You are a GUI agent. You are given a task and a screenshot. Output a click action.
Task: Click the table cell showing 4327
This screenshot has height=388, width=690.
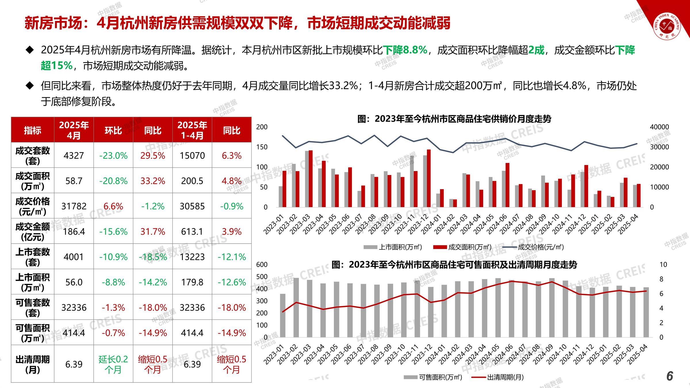coord(74,155)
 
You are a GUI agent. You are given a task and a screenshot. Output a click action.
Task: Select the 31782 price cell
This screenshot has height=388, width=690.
coord(74,206)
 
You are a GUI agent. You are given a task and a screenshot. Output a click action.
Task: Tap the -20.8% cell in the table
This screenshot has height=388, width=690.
coord(113,181)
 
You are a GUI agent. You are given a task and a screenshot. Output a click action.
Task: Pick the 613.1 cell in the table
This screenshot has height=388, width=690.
coord(192,231)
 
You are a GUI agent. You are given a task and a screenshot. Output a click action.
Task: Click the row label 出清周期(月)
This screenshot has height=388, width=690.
coord(32,364)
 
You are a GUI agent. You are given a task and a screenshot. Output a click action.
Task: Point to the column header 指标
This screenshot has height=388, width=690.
coord(32,130)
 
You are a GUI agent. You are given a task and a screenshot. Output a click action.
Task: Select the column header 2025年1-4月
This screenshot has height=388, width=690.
coord(192,130)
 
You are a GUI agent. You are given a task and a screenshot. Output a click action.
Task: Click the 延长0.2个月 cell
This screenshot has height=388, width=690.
coord(113,364)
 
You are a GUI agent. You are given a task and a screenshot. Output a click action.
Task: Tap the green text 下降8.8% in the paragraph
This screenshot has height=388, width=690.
coord(405,50)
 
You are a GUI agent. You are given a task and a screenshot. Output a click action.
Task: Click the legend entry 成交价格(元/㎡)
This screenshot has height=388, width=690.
coord(540,247)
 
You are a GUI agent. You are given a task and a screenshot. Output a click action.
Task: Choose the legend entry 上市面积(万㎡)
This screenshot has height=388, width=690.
coord(400,247)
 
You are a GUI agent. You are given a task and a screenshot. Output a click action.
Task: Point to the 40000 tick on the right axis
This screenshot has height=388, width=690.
coord(659,127)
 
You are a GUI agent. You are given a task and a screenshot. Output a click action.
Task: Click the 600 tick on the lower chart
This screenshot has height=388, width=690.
coord(262,264)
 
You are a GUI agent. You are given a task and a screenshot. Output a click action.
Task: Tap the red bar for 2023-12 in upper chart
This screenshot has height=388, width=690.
coord(429,178)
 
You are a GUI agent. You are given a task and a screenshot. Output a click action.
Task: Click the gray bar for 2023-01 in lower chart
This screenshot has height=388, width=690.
coord(283,315)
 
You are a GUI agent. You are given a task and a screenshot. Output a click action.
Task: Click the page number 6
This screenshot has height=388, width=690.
coord(670,376)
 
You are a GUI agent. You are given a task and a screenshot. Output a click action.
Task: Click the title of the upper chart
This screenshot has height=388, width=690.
coord(454,119)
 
